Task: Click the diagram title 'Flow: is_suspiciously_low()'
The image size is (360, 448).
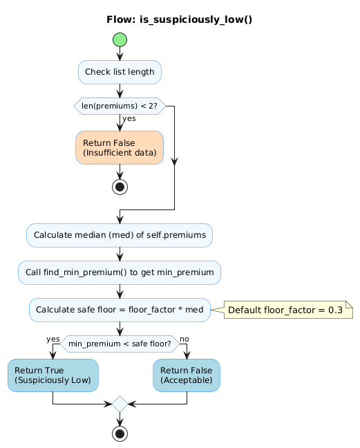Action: point(179,19)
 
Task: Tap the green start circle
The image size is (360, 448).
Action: point(120,40)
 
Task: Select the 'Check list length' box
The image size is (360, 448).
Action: point(120,72)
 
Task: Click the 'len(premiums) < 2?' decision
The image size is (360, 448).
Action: point(120,106)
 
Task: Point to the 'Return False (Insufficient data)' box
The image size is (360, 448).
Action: point(120,147)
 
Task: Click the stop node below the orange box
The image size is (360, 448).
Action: point(120,187)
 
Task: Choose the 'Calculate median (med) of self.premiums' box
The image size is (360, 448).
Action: point(120,235)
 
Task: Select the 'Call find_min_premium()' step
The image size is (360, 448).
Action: point(120,272)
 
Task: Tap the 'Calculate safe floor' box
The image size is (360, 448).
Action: point(120,310)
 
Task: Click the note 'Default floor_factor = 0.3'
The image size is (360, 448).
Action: point(285,310)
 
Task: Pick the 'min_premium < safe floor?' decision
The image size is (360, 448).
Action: point(120,344)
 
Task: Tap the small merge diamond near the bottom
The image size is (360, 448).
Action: point(120,404)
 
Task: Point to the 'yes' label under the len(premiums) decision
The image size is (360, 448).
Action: point(129,118)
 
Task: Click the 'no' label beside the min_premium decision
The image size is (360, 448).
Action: point(184,338)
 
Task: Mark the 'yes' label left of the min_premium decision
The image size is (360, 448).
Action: point(53,338)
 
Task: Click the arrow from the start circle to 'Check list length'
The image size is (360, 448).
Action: point(120,54)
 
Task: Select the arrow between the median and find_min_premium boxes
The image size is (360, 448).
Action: point(120,254)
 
